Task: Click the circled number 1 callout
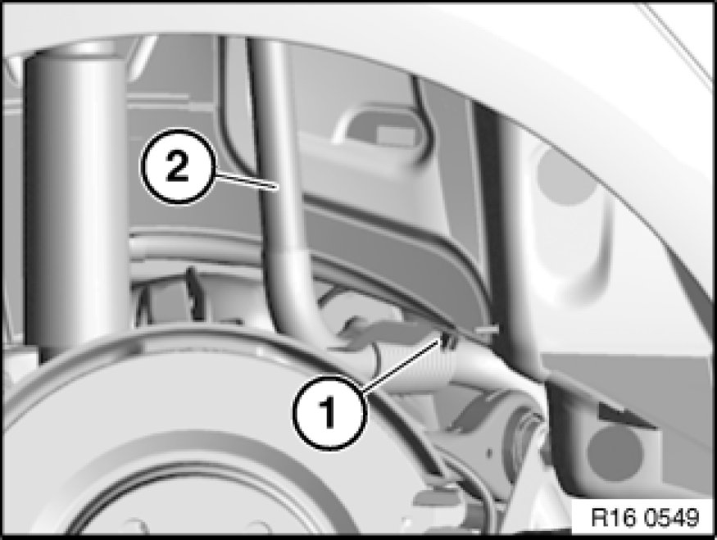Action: (x=329, y=412)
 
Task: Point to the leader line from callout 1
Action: (x=401, y=364)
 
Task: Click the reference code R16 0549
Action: (x=645, y=518)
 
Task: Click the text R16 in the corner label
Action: (x=614, y=518)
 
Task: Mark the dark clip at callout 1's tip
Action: (x=447, y=340)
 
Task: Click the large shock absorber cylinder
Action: (x=75, y=202)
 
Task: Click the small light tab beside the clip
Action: (x=487, y=329)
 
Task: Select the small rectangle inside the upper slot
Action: (x=396, y=137)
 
